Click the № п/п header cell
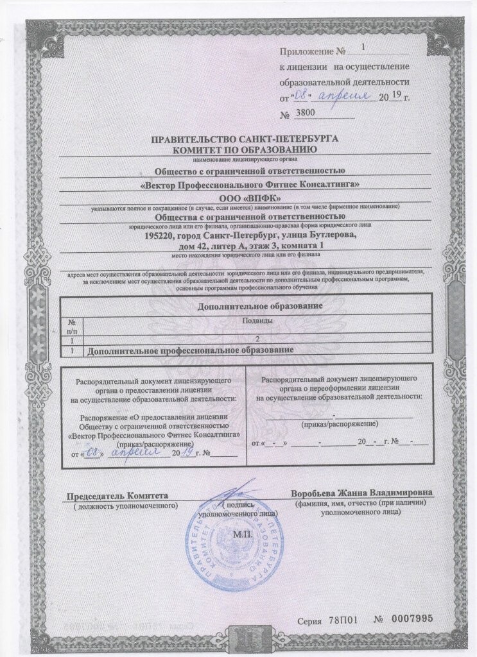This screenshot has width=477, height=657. pos(73,325)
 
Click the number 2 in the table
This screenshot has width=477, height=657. pos(257,340)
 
